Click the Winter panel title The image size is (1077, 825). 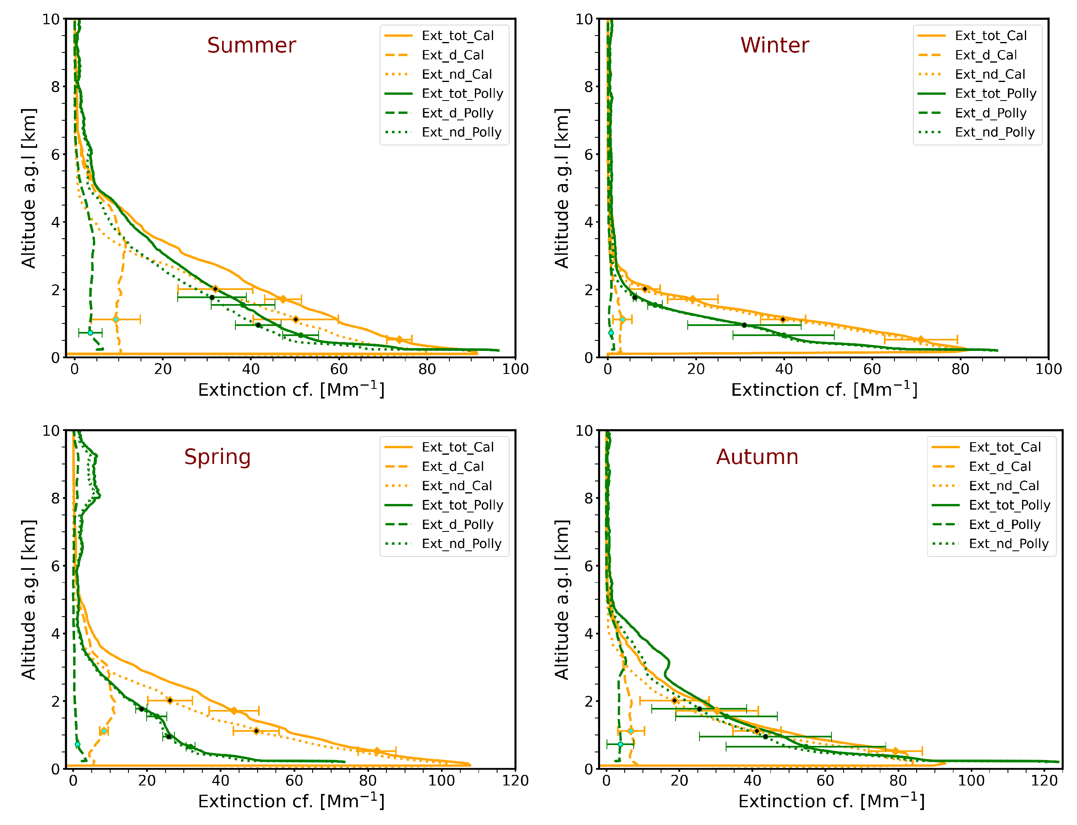click(x=774, y=45)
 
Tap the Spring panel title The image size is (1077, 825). click(x=217, y=457)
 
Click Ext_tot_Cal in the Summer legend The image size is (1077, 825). click(x=457, y=36)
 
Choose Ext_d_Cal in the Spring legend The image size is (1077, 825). click(x=452, y=466)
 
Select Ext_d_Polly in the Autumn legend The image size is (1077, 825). click(x=1004, y=525)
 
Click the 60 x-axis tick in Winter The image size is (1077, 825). click(x=872, y=369)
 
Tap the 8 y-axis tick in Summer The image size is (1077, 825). click(x=55, y=87)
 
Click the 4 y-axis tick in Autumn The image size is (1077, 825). click(x=588, y=634)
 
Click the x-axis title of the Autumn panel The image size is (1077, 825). click(x=831, y=802)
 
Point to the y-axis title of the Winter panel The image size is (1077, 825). click(x=561, y=188)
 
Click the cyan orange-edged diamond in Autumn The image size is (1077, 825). click(x=631, y=731)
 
